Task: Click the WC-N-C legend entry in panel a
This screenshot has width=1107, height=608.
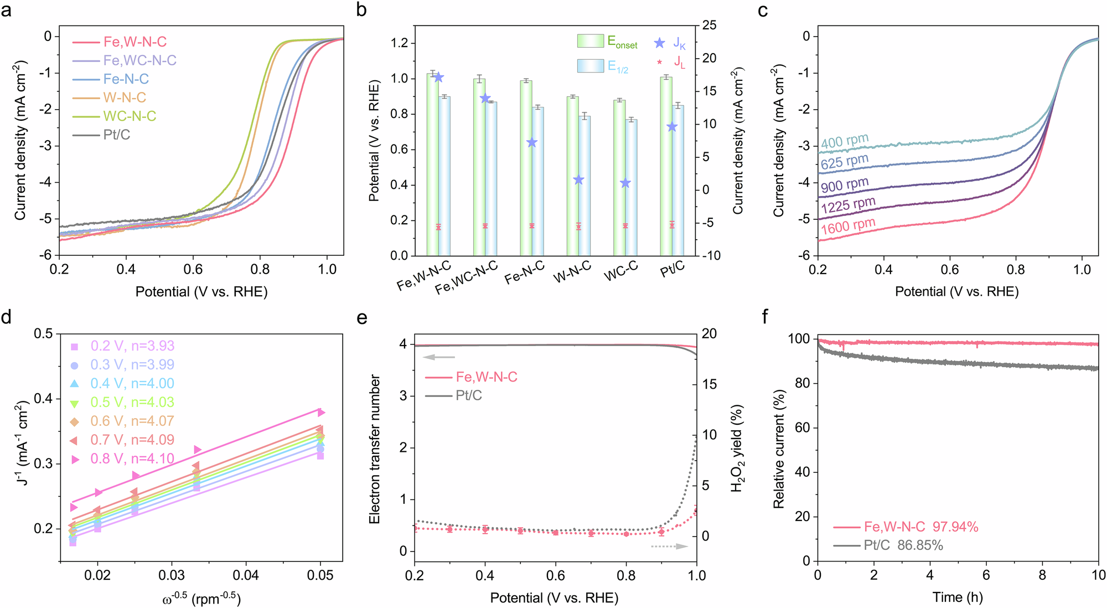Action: click(130, 116)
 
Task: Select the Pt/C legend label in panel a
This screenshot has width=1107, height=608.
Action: click(117, 135)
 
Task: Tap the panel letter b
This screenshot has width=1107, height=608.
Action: click(361, 9)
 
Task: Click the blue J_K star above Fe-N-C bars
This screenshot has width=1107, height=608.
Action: click(532, 143)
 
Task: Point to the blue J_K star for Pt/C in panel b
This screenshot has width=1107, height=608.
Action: click(672, 127)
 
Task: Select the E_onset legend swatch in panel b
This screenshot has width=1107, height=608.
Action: click(590, 41)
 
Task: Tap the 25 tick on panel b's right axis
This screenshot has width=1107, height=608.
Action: click(709, 25)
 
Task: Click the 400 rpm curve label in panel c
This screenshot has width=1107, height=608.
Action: click(845, 142)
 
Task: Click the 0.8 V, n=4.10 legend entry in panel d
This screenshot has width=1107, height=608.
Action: click(132, 459)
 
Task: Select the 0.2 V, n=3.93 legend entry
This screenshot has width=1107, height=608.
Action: click(132, 346)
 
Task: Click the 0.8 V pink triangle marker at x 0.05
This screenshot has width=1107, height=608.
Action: click(320, 413)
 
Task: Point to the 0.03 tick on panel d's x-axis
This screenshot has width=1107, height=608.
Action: click(172, 575)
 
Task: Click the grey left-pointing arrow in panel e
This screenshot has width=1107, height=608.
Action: click(439, 357)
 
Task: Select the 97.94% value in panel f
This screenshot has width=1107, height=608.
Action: click(955, 527)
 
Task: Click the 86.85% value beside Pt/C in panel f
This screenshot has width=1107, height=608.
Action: click(920, 545)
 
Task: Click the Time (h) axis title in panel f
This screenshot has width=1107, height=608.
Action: click(958, 597)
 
